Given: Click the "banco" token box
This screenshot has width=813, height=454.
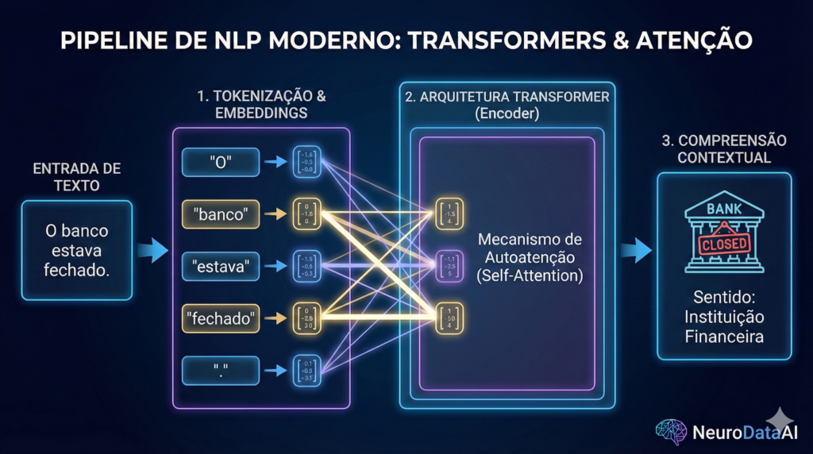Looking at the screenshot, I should click(x=221, y=214).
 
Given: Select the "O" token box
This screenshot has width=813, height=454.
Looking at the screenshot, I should click(x=221, y=162).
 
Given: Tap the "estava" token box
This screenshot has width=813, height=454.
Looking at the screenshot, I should click(x=221, y=265).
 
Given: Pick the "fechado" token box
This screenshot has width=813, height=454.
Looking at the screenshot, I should click(x=221, y=319).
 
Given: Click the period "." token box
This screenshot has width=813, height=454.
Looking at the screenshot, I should click(x=221, y=370).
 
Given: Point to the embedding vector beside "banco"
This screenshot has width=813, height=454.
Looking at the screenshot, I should click(x=306, y=214).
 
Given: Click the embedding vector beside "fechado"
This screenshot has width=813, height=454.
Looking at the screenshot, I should click(x=306, y=319).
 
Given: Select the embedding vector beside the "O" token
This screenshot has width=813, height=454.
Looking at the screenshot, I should click(x=306, y=162).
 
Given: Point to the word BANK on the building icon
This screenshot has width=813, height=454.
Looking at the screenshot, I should click(x=723, y=208).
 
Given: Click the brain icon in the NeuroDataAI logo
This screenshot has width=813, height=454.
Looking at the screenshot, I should click(x=671, y=431).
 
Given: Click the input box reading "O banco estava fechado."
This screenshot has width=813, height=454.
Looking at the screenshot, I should click(x=77, y=250).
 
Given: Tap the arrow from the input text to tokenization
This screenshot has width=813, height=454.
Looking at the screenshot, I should click(x=152, y=252).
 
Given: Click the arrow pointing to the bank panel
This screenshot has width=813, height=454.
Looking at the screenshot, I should click(x=635, y=252).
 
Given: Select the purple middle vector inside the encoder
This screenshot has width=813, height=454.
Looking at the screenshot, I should click(x=449, y=266).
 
